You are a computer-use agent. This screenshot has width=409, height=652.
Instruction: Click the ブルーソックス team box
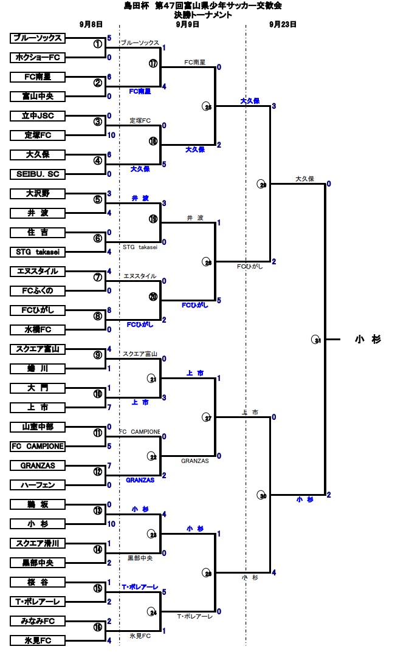(37, 38)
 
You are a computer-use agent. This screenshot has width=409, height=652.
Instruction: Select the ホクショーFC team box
(37, 58)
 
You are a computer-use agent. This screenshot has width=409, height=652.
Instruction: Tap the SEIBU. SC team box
(37, 174)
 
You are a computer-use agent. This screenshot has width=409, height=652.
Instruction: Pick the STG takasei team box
(37, 252)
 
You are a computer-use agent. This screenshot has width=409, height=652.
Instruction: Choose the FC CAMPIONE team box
(37, 446)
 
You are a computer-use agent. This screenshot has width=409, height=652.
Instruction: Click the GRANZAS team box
(37, 465)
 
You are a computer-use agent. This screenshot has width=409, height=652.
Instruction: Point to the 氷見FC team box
(37, 640)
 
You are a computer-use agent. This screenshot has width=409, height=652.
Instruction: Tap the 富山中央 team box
(37, 97)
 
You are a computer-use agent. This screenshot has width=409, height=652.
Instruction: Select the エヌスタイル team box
(37, 272)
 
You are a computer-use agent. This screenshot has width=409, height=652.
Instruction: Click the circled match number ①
(98, 44)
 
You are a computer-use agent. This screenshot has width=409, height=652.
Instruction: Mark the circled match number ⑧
(98, 316)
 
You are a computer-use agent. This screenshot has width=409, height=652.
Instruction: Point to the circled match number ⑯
(98, 627)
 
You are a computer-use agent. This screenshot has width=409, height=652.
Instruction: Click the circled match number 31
(317, 340)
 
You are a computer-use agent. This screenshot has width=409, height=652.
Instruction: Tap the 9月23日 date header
(283, 25)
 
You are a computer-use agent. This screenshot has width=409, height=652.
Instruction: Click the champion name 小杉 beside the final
(368, 340)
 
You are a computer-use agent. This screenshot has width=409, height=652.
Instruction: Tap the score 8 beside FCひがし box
(109, 310)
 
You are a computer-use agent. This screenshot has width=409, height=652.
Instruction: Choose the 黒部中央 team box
(37, 563)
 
